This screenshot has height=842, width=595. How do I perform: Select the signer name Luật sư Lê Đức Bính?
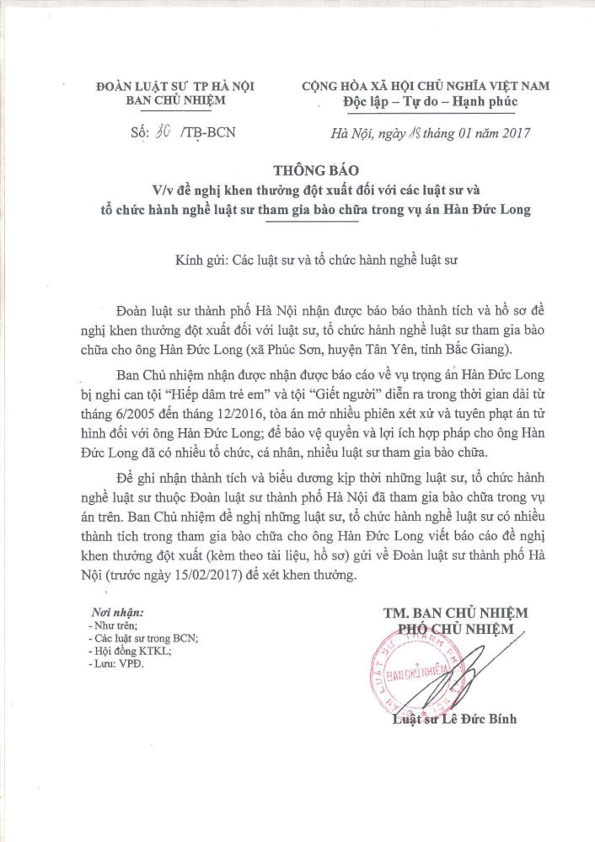(x=454, y=719)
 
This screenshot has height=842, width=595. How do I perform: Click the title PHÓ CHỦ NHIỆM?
(x=455, y=629)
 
